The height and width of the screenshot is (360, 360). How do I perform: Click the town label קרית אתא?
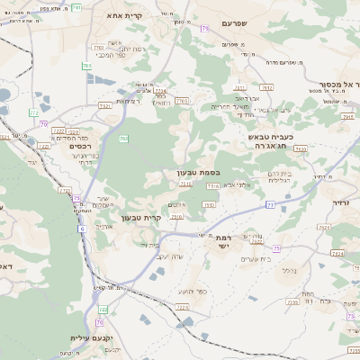(x=120, y=15)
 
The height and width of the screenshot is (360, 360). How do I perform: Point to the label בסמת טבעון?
(x=198, y=172)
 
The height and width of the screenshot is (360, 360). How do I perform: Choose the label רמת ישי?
(x=222, y=242)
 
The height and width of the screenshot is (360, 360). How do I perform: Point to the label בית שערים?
(x=255, y=259)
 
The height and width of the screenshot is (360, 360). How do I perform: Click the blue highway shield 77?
(x=270, y=206)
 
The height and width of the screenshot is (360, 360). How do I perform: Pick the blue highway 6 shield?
(x=82, y=229)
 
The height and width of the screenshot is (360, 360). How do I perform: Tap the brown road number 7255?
(x=292, y=302)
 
